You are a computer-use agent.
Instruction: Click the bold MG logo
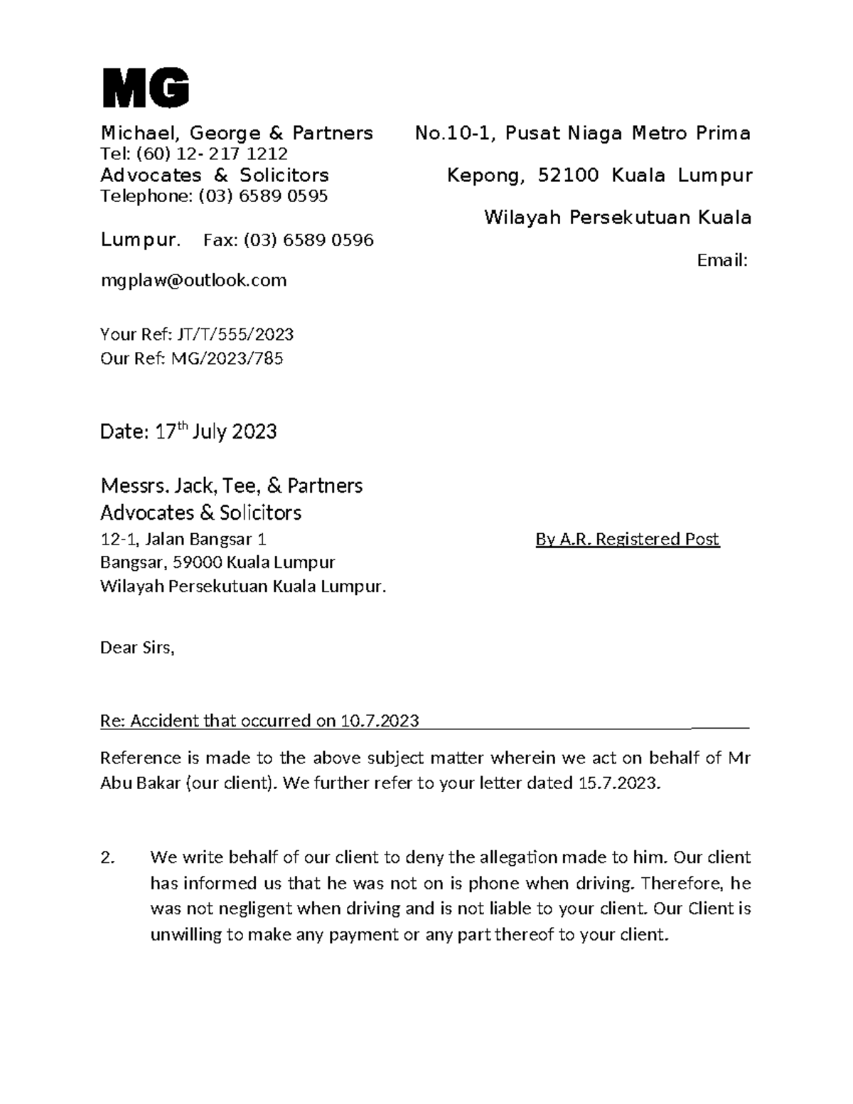click(146, 89)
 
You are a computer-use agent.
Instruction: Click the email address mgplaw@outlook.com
click(193, 280)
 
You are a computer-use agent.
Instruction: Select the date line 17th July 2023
click(188, 432)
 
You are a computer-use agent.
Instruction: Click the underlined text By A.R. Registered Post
click(627, 540)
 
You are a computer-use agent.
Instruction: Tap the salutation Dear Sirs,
click(137, 648)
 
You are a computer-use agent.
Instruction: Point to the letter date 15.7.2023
click(617, 783)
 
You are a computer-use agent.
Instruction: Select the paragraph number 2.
click(107, 858)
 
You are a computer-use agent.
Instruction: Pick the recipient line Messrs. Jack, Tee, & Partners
click(231, 486)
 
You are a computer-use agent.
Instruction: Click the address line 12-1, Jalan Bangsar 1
click(183, 540)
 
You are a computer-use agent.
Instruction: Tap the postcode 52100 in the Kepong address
click(568, 176)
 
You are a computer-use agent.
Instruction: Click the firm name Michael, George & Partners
click(237, 133)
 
